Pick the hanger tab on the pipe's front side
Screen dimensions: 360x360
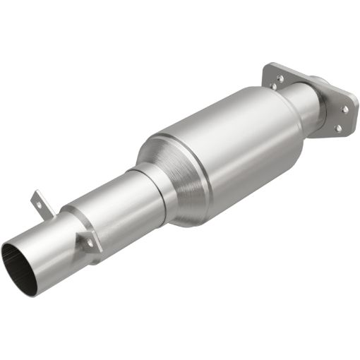pos(87,240)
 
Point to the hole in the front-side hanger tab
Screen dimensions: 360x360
pos(90,243)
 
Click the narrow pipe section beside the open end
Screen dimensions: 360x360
pos(49,240)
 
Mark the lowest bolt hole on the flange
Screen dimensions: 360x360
pos(337,128)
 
